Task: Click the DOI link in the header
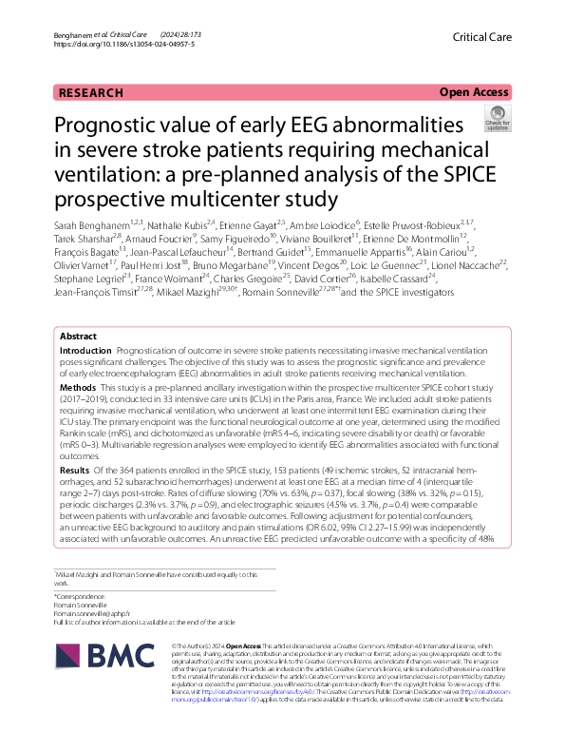[124, 44]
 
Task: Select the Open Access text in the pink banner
[474, 92]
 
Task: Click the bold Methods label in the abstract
[78, 388]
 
